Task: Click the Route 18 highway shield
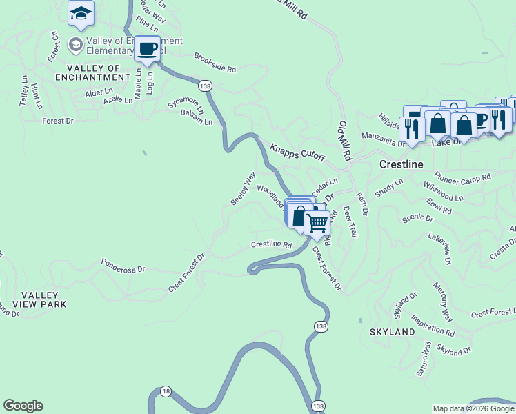pos(165,391)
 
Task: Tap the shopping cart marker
pos(317,224)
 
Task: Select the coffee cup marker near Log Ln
pos(147,49)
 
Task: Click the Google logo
pos(23,406)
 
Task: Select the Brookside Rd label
pos(215,63)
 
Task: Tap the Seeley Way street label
pos(243,188)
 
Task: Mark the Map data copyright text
pos(473,408)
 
